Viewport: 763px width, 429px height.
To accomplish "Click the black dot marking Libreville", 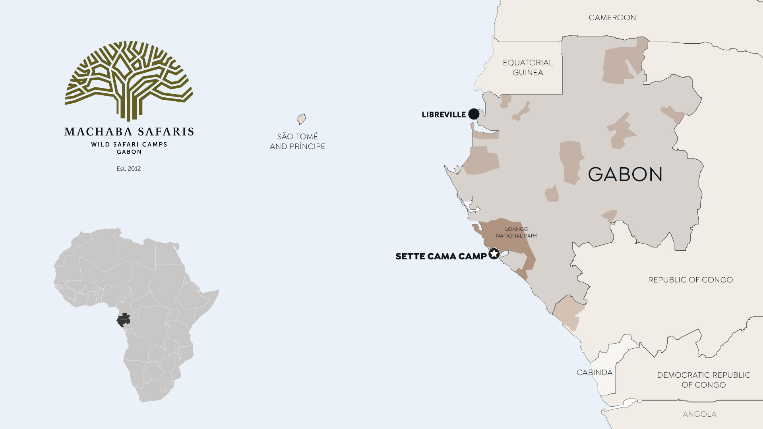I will (474, 114).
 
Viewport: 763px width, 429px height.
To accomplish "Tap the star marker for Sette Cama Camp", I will (494, 254).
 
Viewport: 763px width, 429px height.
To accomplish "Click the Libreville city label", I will (443, 115).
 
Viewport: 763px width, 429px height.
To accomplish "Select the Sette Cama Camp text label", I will (441, 257).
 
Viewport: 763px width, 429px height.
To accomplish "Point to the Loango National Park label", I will (517, 232).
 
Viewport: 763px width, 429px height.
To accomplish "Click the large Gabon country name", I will (625, 174).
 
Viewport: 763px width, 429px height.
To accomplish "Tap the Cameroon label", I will (612, 18).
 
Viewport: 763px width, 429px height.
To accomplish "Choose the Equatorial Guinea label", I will (528, 68).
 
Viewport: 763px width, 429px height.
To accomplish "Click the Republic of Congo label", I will (690, 280).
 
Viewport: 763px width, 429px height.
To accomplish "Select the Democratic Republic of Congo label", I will (703, 380).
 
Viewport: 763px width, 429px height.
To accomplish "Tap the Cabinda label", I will (595, 373).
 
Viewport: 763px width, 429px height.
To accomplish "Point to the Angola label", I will (699, 414).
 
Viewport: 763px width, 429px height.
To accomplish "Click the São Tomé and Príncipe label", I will (297, 141).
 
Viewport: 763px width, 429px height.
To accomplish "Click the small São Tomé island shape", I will (302, 119).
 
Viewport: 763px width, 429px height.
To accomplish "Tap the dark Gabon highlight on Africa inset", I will (124, 319).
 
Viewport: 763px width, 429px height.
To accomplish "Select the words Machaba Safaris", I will (129, 132).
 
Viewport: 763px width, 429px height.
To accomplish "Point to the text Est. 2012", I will (129, 169).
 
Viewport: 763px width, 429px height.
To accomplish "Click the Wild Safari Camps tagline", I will (129, 145).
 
